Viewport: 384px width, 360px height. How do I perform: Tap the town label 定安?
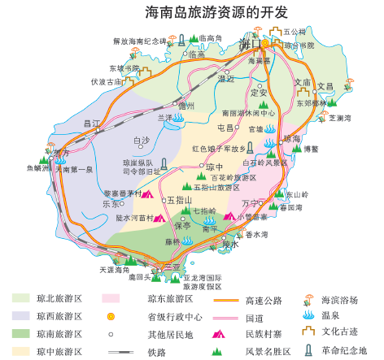(259, 92)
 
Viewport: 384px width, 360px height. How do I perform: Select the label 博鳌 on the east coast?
(310, 149)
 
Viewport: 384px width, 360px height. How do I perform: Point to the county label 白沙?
(142, 140)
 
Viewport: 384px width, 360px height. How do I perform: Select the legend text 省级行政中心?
(173, 316)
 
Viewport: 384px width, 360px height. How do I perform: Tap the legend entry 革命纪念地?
(345, 350)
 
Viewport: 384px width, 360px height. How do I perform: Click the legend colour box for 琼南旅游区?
(21, 333)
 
